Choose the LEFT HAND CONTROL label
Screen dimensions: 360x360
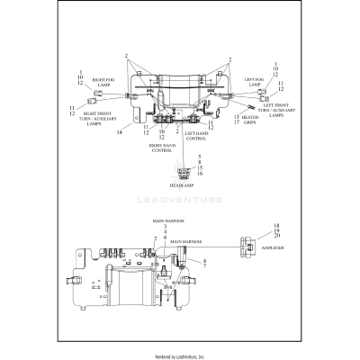197,136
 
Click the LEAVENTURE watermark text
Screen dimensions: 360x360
180,201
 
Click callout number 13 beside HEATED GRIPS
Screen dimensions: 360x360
237,116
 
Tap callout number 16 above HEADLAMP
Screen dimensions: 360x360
187,172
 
